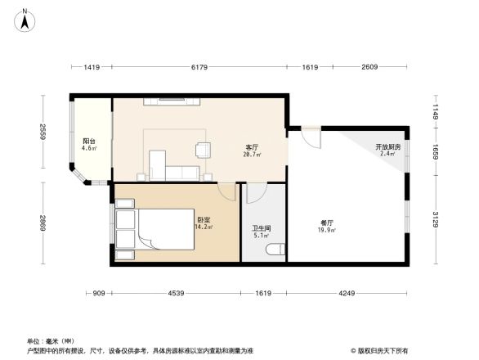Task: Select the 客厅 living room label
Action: [x=253, y=148]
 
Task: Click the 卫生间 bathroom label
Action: [x=262, y=229]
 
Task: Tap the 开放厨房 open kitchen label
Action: [x=387, y=147]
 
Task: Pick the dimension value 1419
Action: [x=91, y=67]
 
